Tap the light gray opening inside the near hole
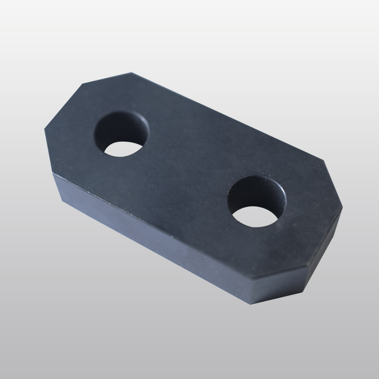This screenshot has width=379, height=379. pyautogui.click(x=255, y=217)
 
